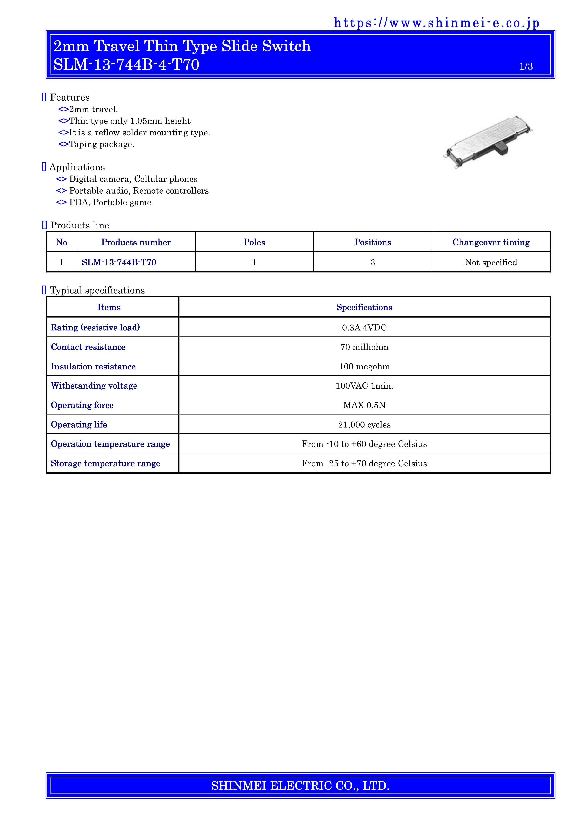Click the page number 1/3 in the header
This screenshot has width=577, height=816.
(x=526, y=67)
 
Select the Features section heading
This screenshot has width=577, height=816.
(x=70, y=97)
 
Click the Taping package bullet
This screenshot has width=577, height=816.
(x=101, y=144)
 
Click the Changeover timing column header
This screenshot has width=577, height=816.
(x=491, y=242)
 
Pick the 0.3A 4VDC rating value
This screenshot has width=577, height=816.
(x=364, y=327)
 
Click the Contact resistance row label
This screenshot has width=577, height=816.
(x=88, y=347)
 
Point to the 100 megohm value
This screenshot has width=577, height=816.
(x=364, y=366)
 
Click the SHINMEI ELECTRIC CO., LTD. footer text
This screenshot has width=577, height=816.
(x=300, y=786)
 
